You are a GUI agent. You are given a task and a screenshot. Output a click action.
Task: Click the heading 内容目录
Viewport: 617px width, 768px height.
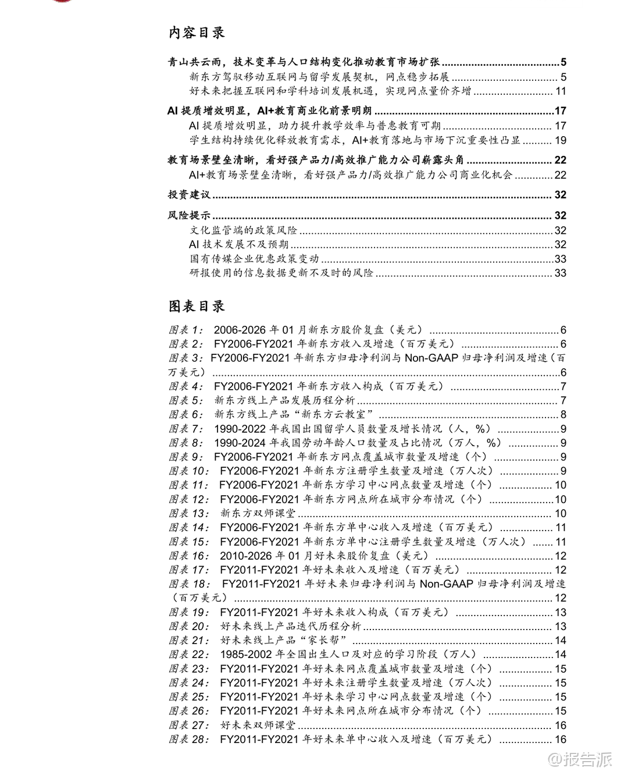(197, 33)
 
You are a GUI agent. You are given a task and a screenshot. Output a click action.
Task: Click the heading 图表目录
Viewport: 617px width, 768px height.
(197, 307)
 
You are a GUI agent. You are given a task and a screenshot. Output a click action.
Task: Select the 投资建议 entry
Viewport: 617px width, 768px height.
(188, 195)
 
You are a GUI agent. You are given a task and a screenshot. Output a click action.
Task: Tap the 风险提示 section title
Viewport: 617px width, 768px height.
(188, 215)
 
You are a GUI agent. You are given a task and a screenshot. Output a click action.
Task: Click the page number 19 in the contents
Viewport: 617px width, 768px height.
(560, 140)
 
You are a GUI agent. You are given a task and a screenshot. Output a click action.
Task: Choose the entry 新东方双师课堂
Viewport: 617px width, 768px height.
(258, 514)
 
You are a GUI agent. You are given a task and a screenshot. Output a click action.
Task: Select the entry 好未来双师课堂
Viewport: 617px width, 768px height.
(258, 726)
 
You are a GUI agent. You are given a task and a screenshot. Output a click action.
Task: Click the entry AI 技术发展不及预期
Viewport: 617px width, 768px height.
(239, 245)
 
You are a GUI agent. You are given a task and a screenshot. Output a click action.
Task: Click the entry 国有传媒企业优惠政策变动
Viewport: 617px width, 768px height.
(254, 259)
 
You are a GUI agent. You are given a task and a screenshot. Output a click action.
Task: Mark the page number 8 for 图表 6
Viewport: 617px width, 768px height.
(563, 415)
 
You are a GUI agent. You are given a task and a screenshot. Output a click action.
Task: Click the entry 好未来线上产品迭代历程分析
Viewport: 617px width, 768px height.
(291, 627)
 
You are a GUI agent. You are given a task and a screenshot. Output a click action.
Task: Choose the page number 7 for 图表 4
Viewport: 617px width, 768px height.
(563, 387)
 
